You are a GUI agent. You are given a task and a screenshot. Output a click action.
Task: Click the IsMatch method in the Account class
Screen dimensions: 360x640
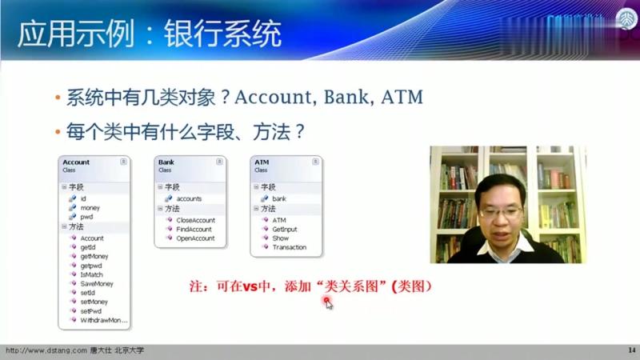91,274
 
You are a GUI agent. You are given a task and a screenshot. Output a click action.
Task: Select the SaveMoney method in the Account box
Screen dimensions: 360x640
96,284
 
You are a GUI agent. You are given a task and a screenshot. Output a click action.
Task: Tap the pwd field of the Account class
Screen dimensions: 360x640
86,216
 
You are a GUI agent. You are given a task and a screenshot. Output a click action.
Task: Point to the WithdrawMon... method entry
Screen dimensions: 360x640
103,320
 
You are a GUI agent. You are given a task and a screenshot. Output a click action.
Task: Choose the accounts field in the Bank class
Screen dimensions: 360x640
189,198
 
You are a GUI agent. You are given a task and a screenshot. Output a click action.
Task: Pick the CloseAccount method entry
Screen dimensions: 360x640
195,220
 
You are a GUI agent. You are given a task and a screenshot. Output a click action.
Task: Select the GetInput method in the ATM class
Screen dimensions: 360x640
284,229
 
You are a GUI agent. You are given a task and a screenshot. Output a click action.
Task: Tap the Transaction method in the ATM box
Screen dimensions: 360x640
289,247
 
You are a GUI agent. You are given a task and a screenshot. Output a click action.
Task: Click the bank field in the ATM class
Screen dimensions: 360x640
278,198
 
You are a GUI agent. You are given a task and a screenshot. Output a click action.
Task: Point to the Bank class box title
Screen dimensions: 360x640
166,162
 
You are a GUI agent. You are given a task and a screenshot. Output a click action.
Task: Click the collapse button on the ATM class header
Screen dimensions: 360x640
316,162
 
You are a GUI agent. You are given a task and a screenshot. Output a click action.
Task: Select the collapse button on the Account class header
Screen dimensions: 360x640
123,162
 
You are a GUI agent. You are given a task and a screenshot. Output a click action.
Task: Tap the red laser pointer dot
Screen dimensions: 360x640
326,301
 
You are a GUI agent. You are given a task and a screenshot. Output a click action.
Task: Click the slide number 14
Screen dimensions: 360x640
630,350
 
